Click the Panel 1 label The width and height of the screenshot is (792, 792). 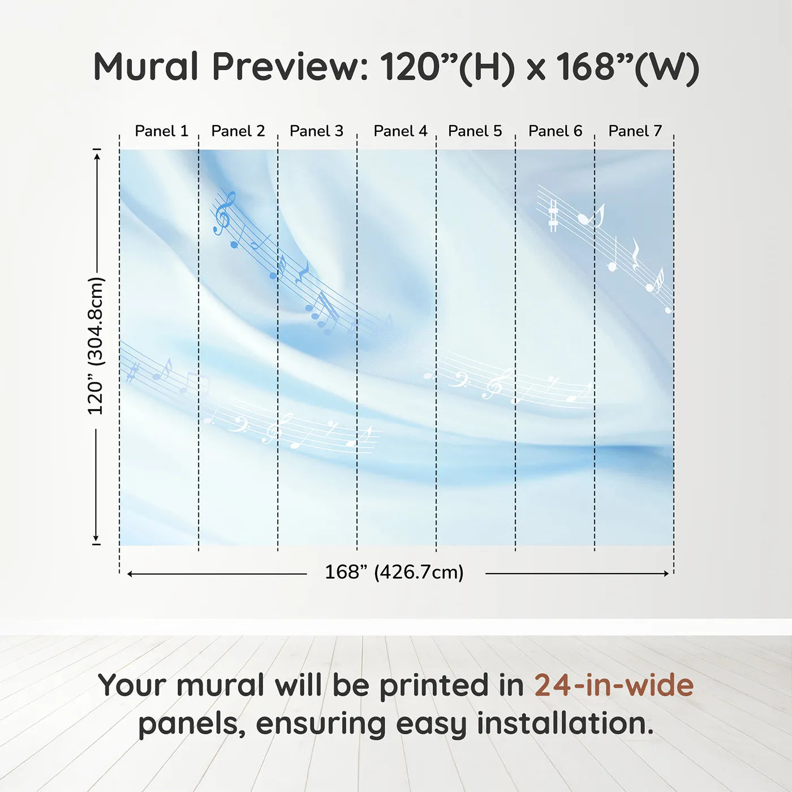click(162, 131)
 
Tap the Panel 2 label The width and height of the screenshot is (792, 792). click(238, 131)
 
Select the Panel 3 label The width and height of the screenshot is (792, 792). click(316, 131)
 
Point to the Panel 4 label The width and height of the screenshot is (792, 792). click(401, 131)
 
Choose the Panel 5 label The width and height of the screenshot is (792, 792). click(475, 131)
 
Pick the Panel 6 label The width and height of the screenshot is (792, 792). click(556, 131)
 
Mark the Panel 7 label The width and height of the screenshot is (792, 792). click(635, 131)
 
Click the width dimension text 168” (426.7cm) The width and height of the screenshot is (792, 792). click(394, 572)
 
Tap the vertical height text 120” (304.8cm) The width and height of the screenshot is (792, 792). click(96, 346)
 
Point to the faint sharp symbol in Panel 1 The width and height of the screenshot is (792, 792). click(133, 372)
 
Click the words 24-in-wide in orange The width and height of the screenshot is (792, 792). click(614, 685)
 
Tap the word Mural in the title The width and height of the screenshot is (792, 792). click(146, 66)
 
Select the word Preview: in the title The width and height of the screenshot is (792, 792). click(290, 66)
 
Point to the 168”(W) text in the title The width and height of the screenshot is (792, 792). click(627, 67)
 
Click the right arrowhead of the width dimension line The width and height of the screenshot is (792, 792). click(666, 574)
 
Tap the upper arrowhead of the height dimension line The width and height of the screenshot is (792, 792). click(97, 156)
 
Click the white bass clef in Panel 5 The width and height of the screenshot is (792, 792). click(458, 381)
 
